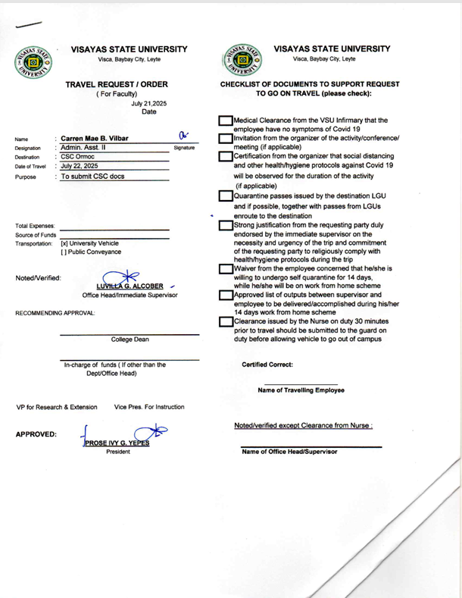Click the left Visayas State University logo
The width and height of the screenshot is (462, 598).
(31, 62)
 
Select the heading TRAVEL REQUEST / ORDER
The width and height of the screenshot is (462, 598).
(126, 84)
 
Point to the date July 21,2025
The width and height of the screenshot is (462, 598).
(149, 103)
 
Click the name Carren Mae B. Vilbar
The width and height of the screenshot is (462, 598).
(94, 139)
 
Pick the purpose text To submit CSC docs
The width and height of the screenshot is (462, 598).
(92, 177)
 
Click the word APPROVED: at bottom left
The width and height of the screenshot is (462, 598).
(35, 434)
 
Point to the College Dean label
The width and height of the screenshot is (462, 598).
(129, 340)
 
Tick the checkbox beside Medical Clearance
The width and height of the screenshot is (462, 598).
(226, 121)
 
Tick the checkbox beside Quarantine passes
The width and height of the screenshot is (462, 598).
(226, 196)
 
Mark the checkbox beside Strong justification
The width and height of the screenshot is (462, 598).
(226, 225)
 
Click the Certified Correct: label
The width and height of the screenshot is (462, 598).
(267, 365)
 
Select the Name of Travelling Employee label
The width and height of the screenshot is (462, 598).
(301, 390)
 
